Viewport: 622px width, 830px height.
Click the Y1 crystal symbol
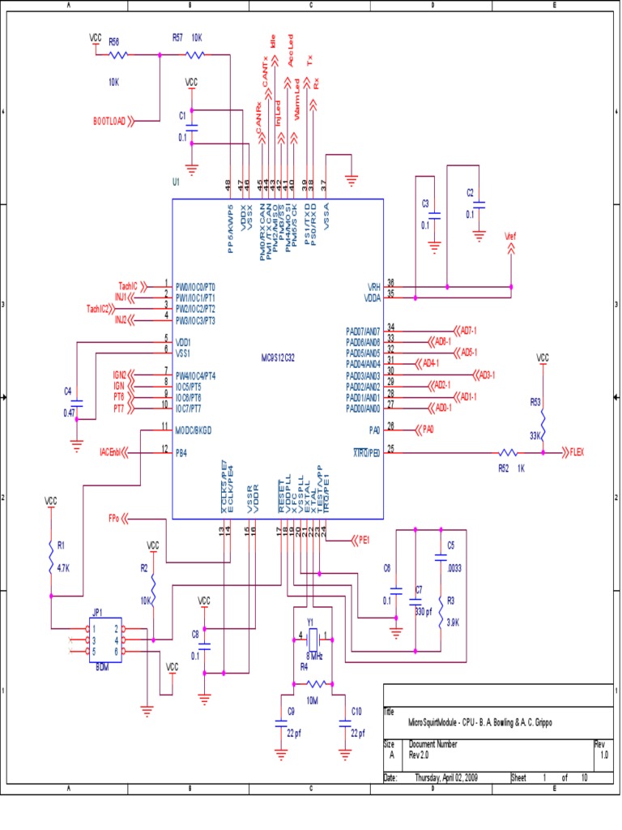(310, 635)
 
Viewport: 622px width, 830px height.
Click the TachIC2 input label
(101, 309)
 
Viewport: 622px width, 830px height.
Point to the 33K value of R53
(535, 435)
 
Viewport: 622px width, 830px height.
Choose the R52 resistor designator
(502, 467)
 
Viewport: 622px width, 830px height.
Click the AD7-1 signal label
(469, 331)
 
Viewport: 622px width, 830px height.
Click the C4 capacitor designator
(68, 392)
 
